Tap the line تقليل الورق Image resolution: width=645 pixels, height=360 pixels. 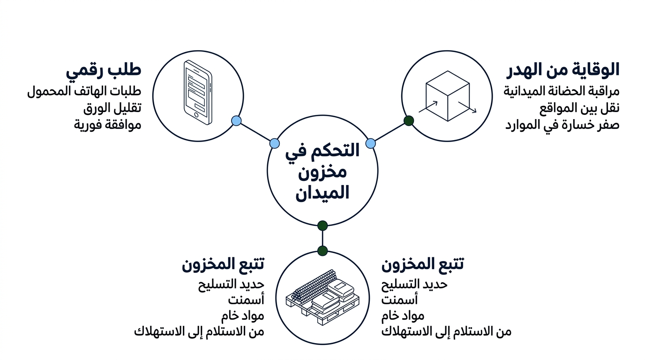112,108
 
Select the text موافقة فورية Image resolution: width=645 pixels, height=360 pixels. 108,125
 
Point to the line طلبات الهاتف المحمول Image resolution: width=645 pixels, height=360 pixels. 84,91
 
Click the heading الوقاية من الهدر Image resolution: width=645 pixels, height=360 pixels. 563,70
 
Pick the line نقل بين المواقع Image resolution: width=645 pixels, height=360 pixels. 579,108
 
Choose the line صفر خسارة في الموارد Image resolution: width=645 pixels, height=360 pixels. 562,125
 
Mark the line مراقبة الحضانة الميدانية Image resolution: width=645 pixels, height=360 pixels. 562,91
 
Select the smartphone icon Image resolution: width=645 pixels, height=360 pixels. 198,92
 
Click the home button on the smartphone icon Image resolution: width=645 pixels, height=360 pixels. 196,115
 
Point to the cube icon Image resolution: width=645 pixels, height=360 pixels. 448,96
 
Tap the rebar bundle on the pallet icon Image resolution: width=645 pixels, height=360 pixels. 314,285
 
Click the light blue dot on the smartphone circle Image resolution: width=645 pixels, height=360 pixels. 236,120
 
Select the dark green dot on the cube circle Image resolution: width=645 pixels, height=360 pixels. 409,120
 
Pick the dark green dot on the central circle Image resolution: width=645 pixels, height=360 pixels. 322,226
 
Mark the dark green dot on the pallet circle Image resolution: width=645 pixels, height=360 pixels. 322,251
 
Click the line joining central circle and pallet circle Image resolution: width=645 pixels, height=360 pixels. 322,238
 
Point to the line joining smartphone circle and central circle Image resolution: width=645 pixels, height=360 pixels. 255,132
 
